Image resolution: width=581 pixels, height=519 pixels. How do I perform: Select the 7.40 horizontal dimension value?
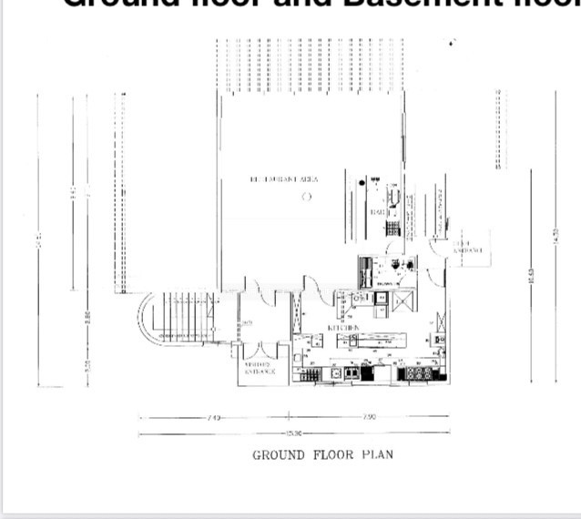click(214, 417)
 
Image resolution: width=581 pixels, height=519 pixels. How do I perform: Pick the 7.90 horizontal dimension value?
click(369, 417)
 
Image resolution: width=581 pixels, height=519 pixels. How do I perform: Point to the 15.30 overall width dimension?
click(293, 433)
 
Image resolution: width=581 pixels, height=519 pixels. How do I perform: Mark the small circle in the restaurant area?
click(307, 196)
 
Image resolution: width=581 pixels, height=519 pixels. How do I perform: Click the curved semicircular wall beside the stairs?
click(144, 319)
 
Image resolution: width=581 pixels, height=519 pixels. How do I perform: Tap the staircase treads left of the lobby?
click(182, 314)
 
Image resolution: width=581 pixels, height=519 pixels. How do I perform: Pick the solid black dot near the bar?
click(362, 183)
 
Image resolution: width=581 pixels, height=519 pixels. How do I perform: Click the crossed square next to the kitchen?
click(403, 299)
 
